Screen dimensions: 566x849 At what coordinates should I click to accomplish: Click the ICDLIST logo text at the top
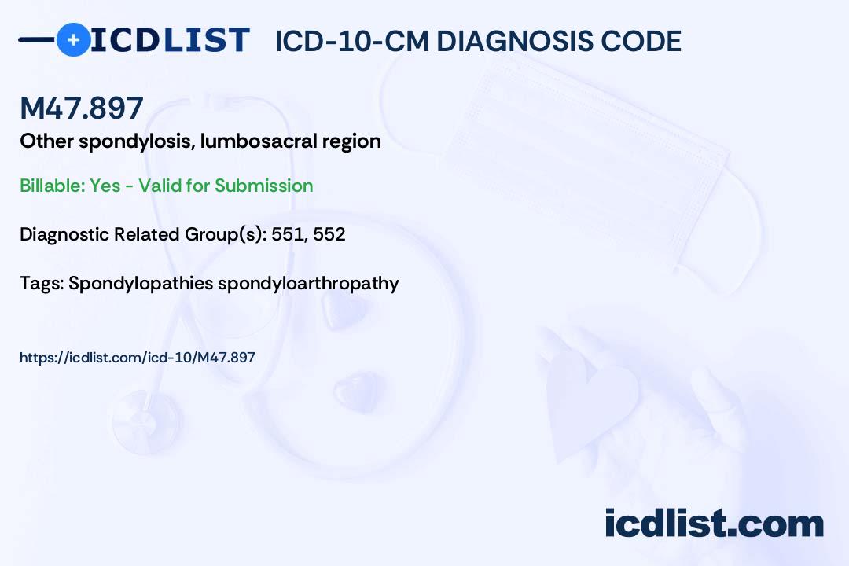[170, 40]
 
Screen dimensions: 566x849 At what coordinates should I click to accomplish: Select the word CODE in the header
[646, 41]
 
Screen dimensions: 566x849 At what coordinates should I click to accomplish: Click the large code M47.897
[82, 108]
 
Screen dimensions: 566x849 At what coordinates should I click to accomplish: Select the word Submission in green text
[263, 186]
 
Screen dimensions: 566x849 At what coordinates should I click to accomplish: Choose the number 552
[329, 234]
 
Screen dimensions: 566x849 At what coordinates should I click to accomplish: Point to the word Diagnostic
[65, 234]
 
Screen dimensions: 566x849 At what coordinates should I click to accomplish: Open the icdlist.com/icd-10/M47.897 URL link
[138, 358]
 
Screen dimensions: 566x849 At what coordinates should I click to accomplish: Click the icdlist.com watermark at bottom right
[714, 524]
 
